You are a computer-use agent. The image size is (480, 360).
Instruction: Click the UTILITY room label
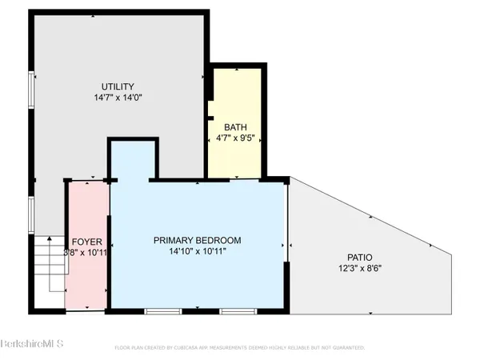(118, 86)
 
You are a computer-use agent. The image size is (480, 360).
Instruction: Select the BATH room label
(235, 127)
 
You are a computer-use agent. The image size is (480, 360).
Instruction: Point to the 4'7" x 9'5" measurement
(235, 138)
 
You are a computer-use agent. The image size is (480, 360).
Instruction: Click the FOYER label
(86, 242)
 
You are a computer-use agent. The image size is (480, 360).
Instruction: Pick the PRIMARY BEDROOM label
(198, 240)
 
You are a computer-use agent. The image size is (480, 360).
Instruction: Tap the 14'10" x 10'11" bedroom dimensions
(198, 252)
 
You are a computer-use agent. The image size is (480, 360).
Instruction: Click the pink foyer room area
(86, 280)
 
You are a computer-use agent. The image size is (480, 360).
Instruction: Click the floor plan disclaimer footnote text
(240, 348)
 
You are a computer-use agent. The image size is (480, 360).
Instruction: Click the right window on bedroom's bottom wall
(237, 310)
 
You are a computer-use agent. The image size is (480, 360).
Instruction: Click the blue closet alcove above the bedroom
(129, 160)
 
